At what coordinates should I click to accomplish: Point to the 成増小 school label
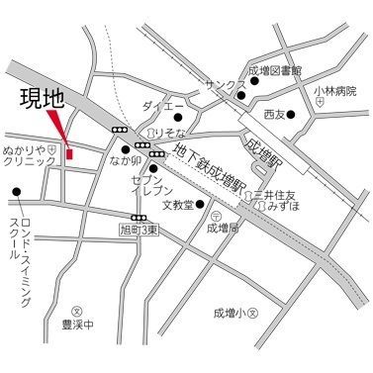pyautogui.click(x=231, y=313)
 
